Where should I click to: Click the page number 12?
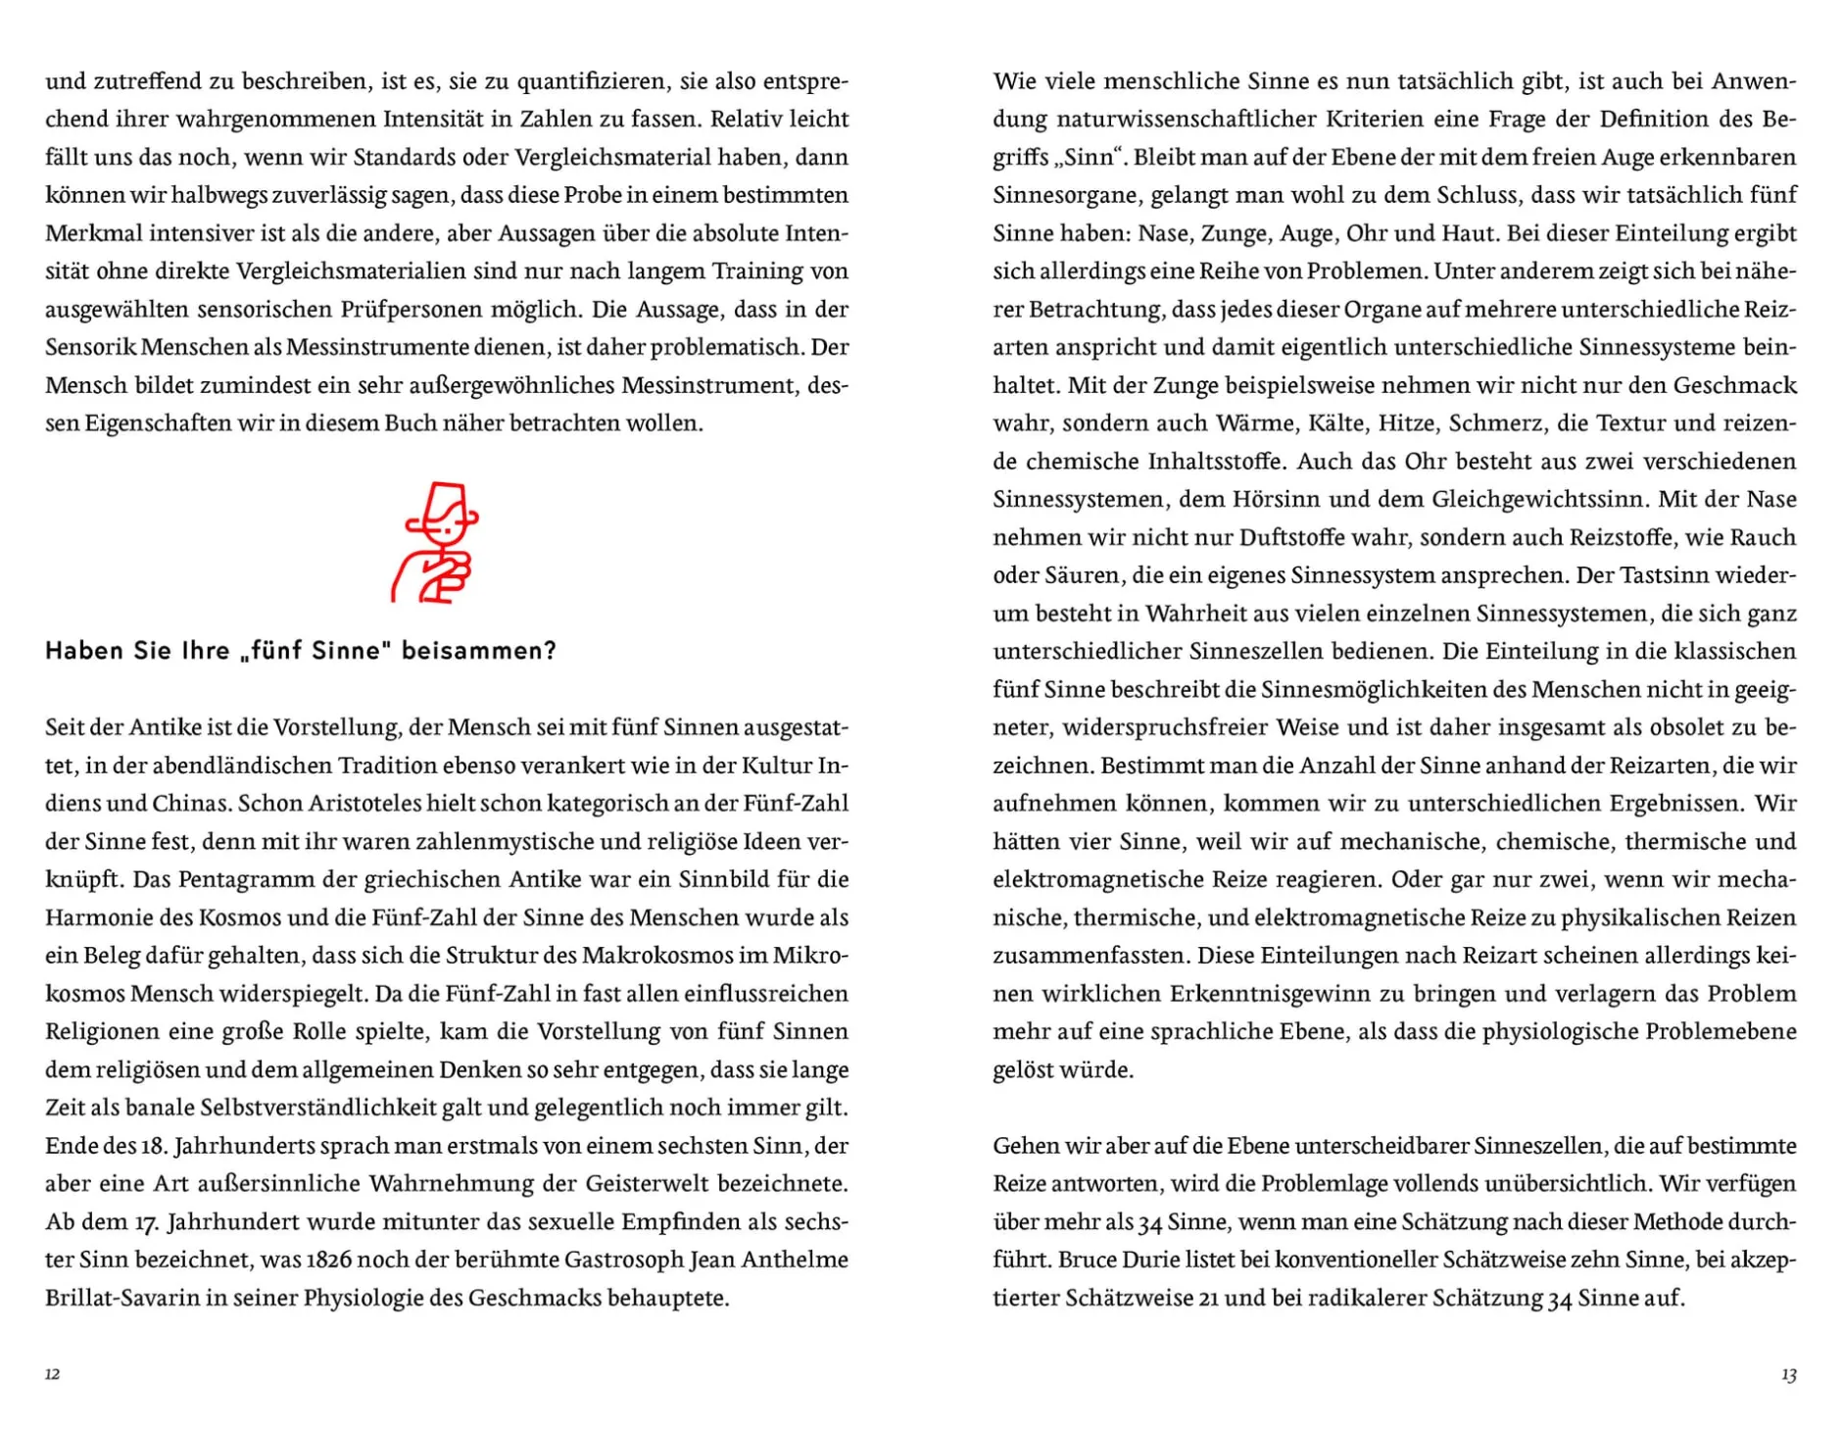pos(53,1374)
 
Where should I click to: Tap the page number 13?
pos(1788,1374)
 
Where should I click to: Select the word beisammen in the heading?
pos(478,651)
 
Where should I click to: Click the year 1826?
pos(328,1260)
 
